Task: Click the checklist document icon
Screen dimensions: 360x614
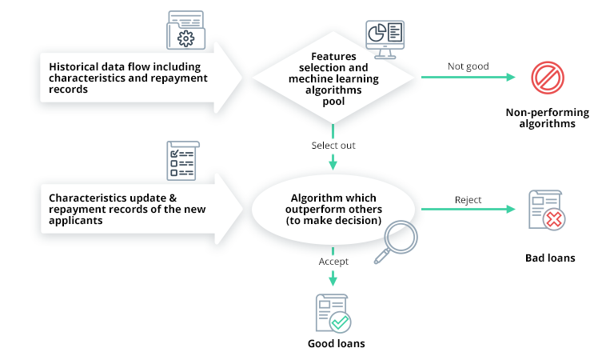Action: pos(181,160)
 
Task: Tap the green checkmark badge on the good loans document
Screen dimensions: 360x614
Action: pos(340,322)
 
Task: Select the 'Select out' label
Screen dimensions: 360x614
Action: pos(333,146)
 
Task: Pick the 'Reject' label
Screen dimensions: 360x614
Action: pos(468,199)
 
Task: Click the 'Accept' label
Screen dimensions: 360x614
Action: pos(333,261)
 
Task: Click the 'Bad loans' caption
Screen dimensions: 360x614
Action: pos(549,258)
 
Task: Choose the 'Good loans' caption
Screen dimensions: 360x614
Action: pos(334,344)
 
